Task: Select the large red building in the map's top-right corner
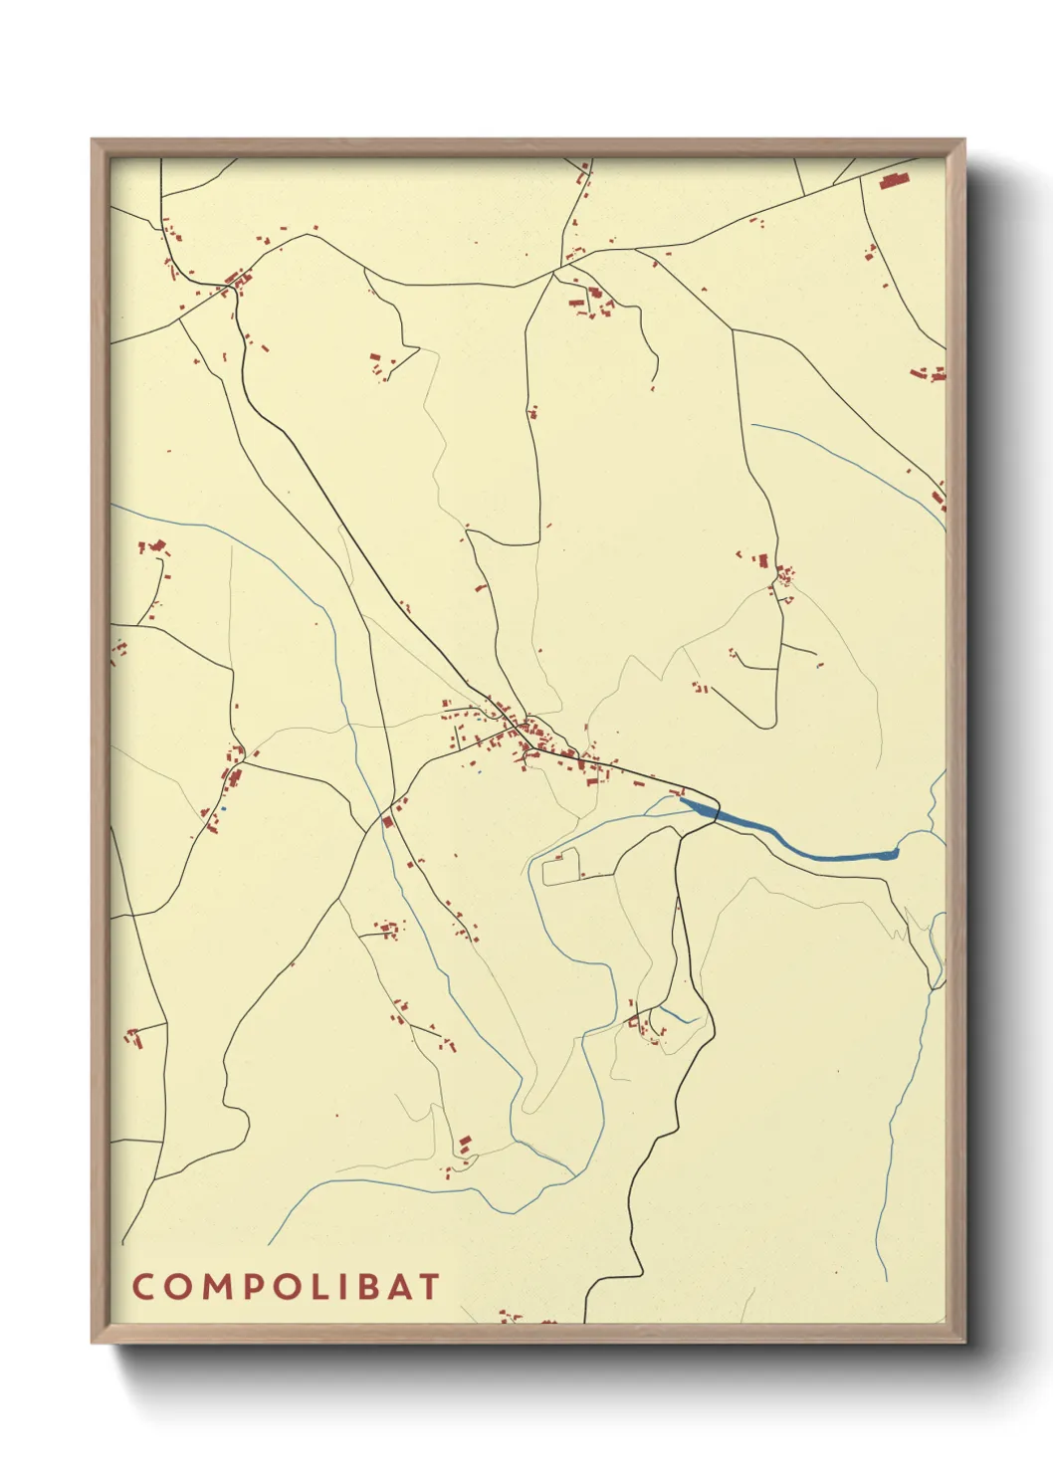coord(894,181)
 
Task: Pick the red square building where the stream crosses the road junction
coord(387,821)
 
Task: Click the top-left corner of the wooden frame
coord(93,140)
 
